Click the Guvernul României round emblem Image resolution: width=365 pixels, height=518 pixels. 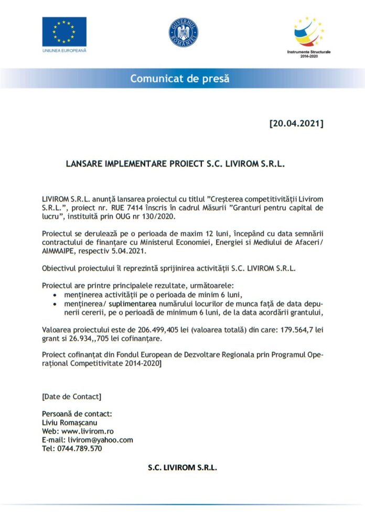coord(183,33)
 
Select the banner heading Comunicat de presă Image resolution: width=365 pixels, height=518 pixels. coord(180,79)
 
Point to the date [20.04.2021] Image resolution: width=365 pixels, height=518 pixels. coord(296,124)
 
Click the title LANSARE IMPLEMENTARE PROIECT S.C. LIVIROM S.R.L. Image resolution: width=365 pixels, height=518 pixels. coord(175,164)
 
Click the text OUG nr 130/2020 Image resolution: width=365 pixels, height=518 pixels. coord(150,216)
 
